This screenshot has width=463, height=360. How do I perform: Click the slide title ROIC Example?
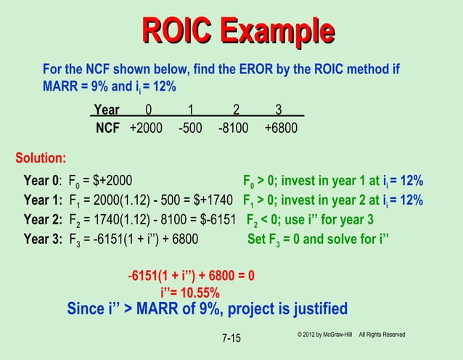[x=237, y=31]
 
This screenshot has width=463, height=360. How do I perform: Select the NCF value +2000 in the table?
[x=146, y=128]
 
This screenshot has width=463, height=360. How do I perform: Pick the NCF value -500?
[x=191, y=128]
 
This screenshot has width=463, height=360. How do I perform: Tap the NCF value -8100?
[x=233, y=128]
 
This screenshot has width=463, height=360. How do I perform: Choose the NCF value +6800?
[x=280, y=128]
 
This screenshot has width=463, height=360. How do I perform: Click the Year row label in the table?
[x=107, y=111]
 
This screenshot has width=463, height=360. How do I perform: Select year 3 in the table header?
[x=279, y=111]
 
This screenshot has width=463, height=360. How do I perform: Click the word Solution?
[x=41, y=157]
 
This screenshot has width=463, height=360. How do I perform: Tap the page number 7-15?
[x=234, y=339]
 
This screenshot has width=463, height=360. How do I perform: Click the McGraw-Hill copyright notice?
[x=351, y=334]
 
